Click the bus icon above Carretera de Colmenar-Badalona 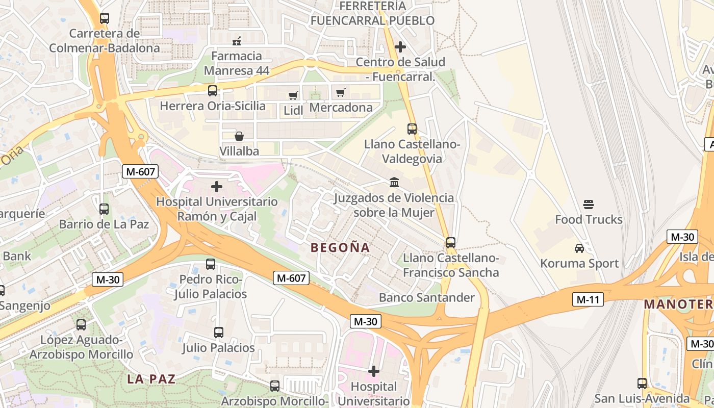tap(105, 18)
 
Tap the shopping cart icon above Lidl tap(293, 95)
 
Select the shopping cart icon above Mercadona tap(340, 93)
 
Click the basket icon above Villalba tap(239, 136)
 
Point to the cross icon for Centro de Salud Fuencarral tap(400, 47)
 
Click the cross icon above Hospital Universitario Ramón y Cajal tap(217, 187)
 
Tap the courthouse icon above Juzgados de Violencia tap(394, 182)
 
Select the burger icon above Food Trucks tap(589, 205)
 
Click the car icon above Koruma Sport tap(579, 248)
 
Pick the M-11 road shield tap(588, 299)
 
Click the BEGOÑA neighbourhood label tap(340, 248)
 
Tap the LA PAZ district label tap(151, 379)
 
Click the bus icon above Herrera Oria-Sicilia tap(213, 91)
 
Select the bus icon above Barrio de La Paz tap(104, 209)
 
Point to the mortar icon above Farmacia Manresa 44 tap(237, 41)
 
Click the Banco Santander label tap(427, 297)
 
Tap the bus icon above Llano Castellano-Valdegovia tap(412, 129)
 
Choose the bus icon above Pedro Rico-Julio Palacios tap(211, 264)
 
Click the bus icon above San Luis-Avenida tap(642, 384)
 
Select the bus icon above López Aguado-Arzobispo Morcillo tap(81, 325)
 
